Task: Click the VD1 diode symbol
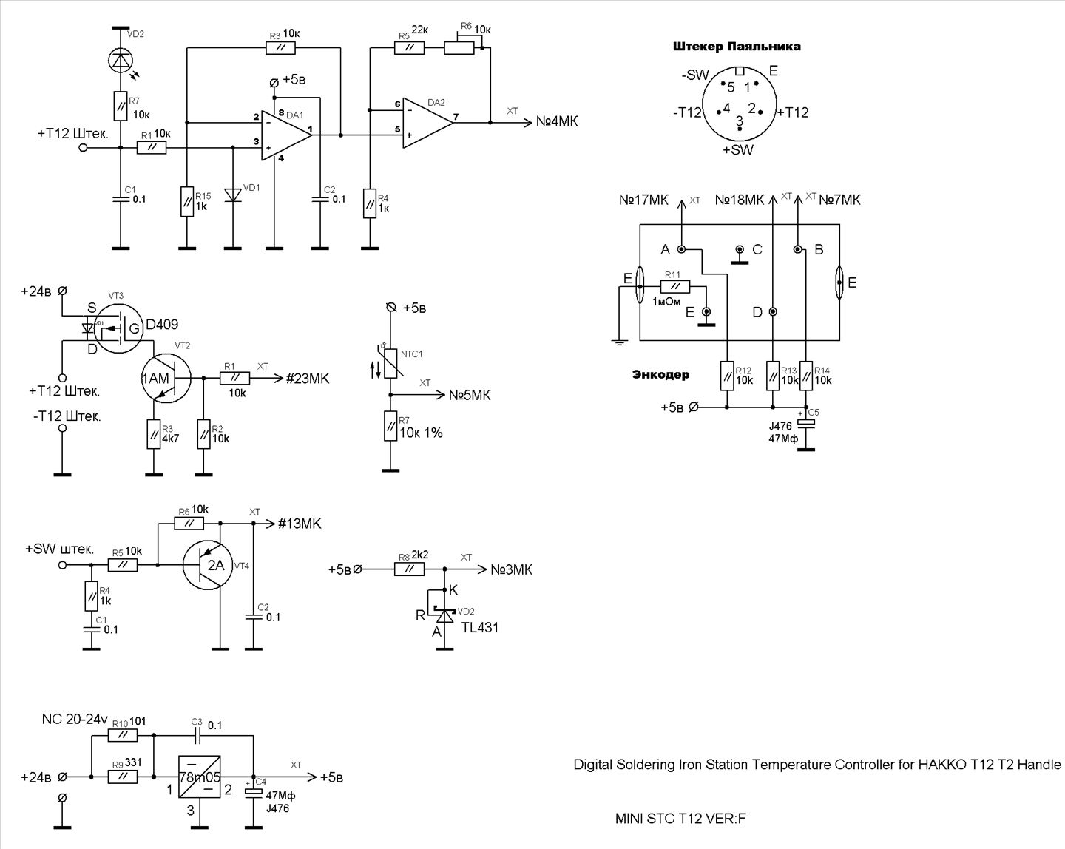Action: tap(233, 195)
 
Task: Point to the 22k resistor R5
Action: tap(409, 48)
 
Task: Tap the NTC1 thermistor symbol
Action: tap(390, 362)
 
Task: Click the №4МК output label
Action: tap(556, 121)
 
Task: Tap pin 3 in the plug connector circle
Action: tap(739, 122)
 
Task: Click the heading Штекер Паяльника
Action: tap(737, 47)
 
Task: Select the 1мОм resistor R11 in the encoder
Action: tap(674, 287)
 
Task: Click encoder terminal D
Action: tap(773, 312)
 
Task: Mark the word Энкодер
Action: tap(660, 374)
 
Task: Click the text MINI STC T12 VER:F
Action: tap(680, 819)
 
